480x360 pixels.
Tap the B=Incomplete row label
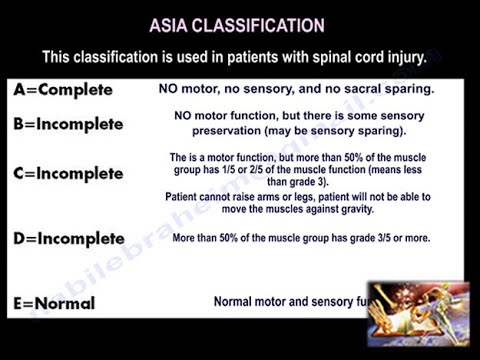[69, 125]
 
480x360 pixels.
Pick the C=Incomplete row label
[69, 173]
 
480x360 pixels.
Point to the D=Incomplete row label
[69, 239]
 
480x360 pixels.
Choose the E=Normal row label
[55, 302]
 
